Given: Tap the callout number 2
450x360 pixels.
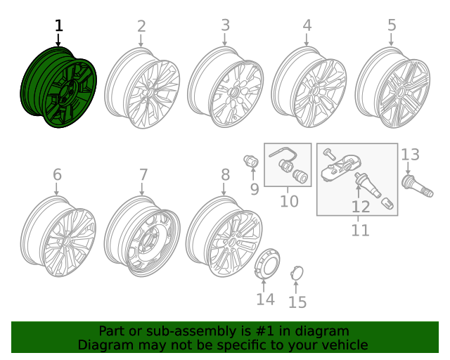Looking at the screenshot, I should (x=141, y=27).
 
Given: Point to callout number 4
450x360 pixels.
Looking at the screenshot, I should (x=307, y=26).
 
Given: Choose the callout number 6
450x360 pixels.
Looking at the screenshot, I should (x=57, y=174).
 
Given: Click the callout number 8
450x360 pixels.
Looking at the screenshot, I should (x=225, y=174).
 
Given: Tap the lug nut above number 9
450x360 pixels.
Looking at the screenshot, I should (x=249, y=162).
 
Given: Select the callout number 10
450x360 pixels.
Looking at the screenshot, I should (x=289, y=202).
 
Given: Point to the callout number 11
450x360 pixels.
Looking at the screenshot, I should (x=360, y=230).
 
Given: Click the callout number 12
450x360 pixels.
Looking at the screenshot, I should (x=360, y=207).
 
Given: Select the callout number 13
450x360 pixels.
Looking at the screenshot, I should (x=410, y=155).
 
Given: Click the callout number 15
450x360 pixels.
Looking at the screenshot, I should (x=298, y=302).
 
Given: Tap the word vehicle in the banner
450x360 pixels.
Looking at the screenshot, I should (x=342, y=345).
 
